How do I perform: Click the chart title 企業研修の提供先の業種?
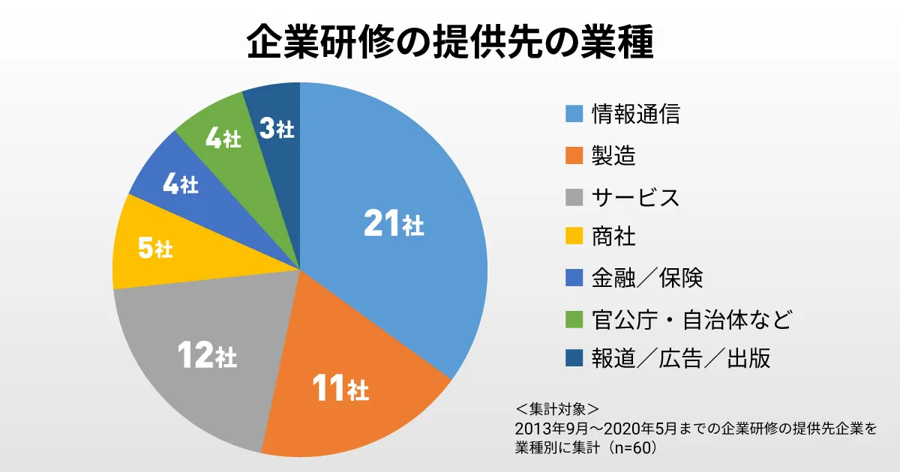click(x=450, y=44)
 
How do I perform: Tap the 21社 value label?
click(x=393, y=223)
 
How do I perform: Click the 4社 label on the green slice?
click(x=223, y=139)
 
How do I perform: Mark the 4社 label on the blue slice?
click(x=180, y=184)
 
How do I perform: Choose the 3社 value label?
click(x=276, y=129)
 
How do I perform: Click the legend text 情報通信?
click(x=636, y=114)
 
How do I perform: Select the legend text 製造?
click(x=613, y=156)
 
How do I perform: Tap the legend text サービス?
click(x=636, y=197)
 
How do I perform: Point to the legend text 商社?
click(x=613, y=237)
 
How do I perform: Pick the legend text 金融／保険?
click(x=647, y=278)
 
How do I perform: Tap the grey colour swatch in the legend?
click(x=574, y=197)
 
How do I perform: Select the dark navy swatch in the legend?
click(x=574, y=360)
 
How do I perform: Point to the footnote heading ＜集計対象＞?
click(x=557, y=409)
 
